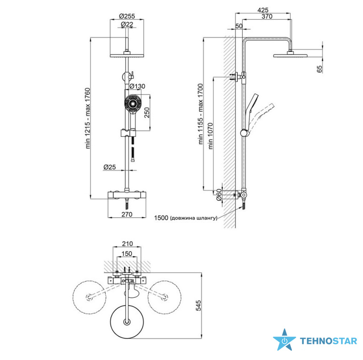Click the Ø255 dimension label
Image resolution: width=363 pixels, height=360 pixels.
tap(127, 16)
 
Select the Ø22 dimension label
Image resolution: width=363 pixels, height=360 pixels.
tap(127, 24)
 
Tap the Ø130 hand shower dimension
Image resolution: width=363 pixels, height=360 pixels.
tap(137, 86)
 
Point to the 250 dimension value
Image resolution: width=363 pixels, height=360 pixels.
tap(147, 113)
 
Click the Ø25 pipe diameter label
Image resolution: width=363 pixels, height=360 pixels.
tap(110, 167)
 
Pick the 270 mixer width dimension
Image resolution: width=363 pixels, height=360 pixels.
tap(127, 214)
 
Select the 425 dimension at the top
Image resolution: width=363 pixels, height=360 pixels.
tap(263, 10)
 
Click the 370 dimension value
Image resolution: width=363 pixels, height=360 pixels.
tap(267, 16)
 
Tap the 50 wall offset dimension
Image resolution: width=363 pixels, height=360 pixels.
tap(239, 26)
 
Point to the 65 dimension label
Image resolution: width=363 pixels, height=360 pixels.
tap(319, 69)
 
